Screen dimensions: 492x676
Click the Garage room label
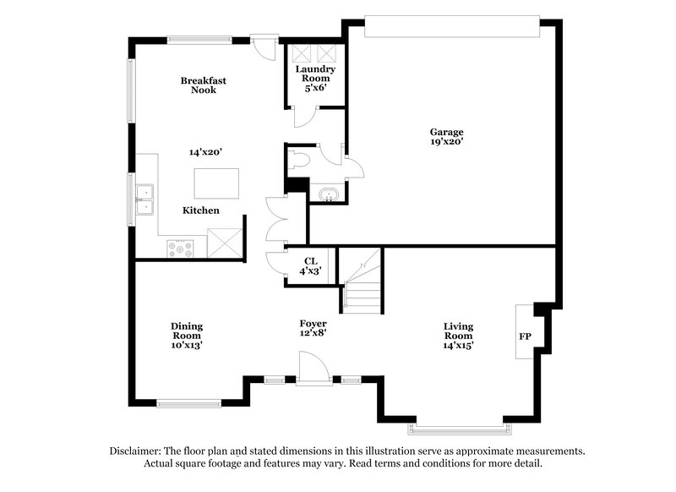tap(447, 137)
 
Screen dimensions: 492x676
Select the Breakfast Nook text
tap(203, 85)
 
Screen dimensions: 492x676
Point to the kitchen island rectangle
tap(216, 183)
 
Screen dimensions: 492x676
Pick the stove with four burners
tap(181, 249)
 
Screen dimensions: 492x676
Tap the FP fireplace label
tap(525, 336)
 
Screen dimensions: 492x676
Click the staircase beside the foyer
tap(361, 281)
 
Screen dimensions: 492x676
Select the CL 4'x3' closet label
tap(309, 266)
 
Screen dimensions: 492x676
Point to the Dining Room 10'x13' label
tap(187, 335)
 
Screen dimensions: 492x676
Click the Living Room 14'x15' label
tap(459, 335)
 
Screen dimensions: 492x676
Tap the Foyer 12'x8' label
tap(313, 328)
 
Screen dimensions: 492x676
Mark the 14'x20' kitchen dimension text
tap(204, 152)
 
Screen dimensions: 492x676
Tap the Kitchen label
tap(201, 210)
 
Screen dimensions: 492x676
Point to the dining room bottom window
tap(188, 403)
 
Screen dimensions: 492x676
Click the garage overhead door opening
tap(451, 26)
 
